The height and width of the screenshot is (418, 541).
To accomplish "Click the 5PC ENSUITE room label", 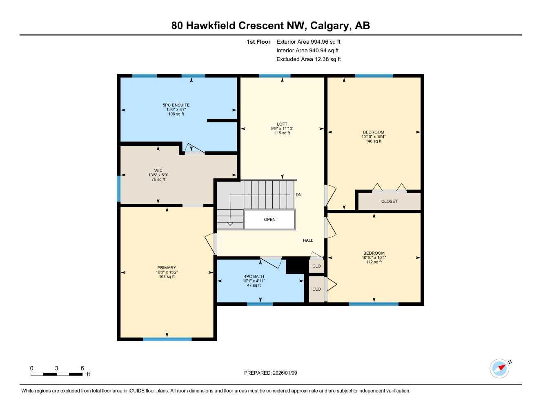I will pyautogui.click(x=176, y=105).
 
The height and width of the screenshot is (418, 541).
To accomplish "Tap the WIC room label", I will pyautogui.click(x=158, y=171).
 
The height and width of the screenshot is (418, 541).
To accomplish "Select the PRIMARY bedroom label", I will pyautogui.click(x=167, y=268).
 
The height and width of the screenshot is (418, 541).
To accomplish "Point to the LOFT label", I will pyautogui.click(x=282, y=124).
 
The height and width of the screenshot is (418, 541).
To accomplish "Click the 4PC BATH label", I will pyautogui.click(x=254, y=276).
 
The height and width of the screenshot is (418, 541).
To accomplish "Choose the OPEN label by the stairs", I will pyautogui.click(x=269, y=220).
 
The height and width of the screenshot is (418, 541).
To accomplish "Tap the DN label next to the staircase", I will pyautogui.click(x=298, y=195).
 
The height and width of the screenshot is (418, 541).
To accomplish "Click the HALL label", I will pyautogui.click(x=308, y=240).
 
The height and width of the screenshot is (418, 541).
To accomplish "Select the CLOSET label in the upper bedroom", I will pyautogui.click(x=389, y=201).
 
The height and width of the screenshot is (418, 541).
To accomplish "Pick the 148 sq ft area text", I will pyautogui.click(x=374, y=141).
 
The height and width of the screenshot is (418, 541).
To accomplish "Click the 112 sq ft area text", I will pyautogui.click(x=374, y=262).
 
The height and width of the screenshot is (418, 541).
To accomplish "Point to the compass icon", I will pyautogui.click(x=499, y=369).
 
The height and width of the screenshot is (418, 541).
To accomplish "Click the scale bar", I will pyautogui.click(x=57, y=374).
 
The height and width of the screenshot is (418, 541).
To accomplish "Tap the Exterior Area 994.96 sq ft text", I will pyautogui.click(x=308, y=42).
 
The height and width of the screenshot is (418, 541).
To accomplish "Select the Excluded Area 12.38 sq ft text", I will pyautogui.click(x=308, y=59).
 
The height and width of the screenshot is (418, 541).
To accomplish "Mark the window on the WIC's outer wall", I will pyautogui.click(x=119, y=189).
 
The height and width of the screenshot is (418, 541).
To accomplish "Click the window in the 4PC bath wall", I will pyautogui.click(x=260, y=304).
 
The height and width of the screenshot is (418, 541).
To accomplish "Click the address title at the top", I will pyautogui.click(x=270, y=25).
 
